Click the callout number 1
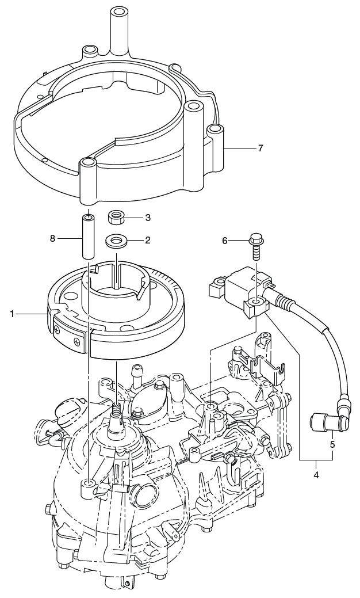[12, 314]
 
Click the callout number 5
[332, 444]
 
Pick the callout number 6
[225, 240]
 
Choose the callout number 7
[260, 148]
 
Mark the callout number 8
[52, 238]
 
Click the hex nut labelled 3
[117, 218]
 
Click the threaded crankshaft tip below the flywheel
[117, 410]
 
